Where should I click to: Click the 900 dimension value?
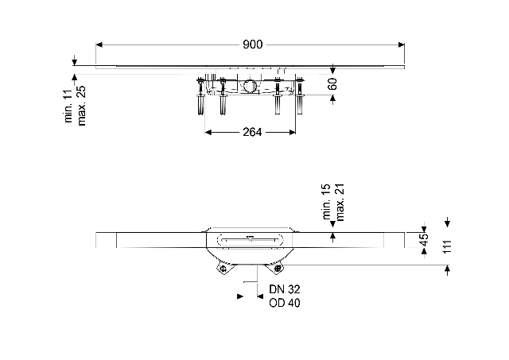pos(253,45)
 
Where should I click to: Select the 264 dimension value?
pos(252,132)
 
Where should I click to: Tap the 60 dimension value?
pos(332,83)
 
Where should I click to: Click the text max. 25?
pos(81,106)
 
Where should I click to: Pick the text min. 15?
pos(326,201)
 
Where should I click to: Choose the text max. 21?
pos(340,203)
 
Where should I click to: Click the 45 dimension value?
pos(424,240)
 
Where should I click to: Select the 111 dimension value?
pos(447,247)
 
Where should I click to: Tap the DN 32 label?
pos(285,289)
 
